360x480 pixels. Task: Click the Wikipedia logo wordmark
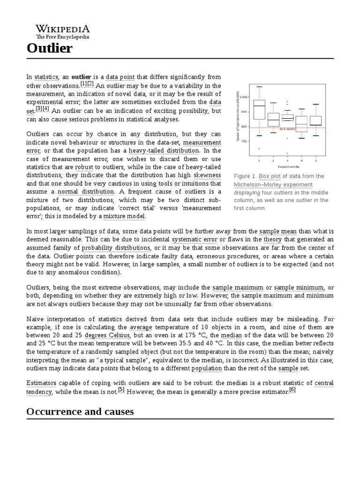pyautogui.click(x=63, y=29)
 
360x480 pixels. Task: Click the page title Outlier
pyautogui.click(x=49, y=48)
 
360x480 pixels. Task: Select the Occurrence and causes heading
pyautogui.click(x=80, y=412)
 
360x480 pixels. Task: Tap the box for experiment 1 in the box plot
pyautogui.click(x=259, y=110)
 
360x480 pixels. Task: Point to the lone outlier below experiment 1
pyautogui.click(x=259, y=149)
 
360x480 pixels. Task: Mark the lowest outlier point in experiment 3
pyautogui.click(x=287, y=153)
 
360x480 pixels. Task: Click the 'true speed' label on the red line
pyautogui.click(x=287, y=128)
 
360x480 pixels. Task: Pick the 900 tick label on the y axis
pyautogui.click(x=244, y=112)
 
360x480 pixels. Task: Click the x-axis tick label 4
pyautogui.click(x=301, y=160)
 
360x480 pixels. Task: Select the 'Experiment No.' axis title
pyautogui.click(x=288, y=166)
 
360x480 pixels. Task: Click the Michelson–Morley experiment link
pyautogui.click(x=273, y=185)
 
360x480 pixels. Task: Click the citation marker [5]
pyautogui.click(x=121, y=390)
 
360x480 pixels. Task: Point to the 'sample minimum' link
pyautogui.click(x=299, y=287)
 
